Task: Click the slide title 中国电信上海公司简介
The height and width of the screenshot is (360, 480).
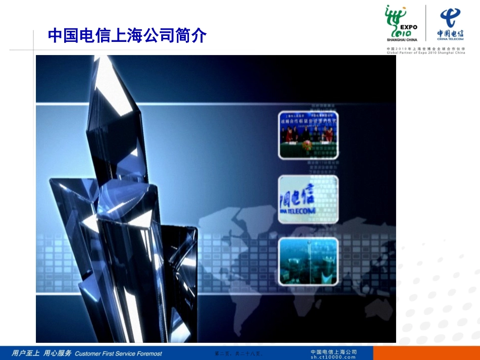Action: click(x=127, y=36)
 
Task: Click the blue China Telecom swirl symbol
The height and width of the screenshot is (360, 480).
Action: click(x=450, y=18)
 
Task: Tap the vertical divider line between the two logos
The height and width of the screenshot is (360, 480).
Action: click(x=426, y=23)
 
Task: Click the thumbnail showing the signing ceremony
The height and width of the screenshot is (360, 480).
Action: click(x=308, y=135)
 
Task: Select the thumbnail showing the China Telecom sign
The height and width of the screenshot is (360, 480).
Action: click(x=308, y=199)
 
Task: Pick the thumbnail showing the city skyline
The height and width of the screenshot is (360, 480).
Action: click(x=308, y=262)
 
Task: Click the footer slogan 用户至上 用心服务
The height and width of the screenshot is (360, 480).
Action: click(x=41, y=353)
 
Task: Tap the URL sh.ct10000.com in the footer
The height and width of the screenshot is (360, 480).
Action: click(x=333, y=357)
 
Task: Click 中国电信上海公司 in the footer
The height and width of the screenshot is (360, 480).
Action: click(x=333, y=351)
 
